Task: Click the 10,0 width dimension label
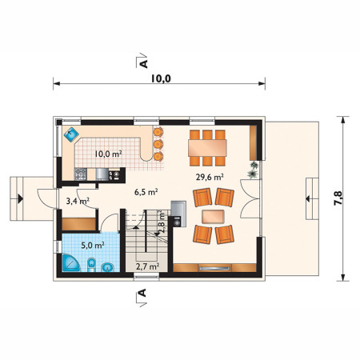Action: click(161, 78)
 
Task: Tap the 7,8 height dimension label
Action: click(338, 198)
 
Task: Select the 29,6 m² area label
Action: click(210, 177)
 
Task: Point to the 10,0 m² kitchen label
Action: click(109, 154)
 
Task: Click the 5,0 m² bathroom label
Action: click(93, 245)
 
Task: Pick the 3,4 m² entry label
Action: click(78, 201)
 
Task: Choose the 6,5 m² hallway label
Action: click(146, 192)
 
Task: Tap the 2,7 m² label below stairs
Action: click(148, 266)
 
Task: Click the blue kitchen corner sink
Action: click(71, 135)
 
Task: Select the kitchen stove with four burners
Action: click(81, 174)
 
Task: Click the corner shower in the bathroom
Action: click(70, 262)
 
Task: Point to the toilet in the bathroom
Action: click(91, 265)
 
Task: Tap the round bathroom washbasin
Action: click(108, 267)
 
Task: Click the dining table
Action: click(207, 148)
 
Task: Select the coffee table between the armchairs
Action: click(213, 217)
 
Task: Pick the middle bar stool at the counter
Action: click(158, 144)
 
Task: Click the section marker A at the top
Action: click(143, 64)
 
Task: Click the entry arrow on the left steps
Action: click(20, 198)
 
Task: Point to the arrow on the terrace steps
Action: click(308, 198)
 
